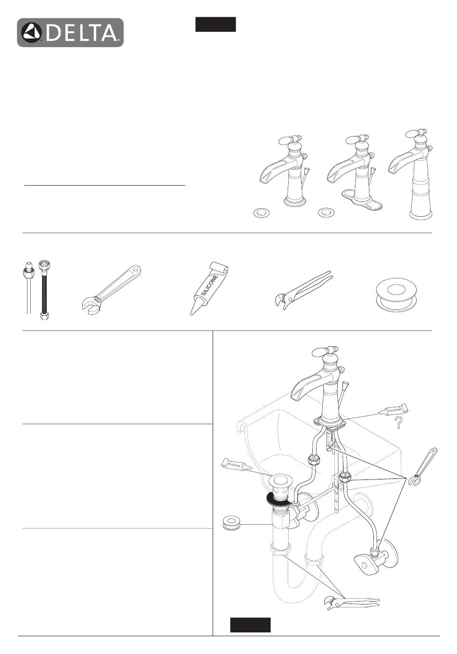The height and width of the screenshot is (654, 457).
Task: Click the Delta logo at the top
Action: coord(70,32)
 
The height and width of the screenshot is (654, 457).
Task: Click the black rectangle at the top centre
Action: coord(216,24)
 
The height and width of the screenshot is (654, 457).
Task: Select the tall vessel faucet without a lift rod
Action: coord(410,174)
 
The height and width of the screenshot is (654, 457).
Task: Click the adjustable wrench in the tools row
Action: coord(111,289)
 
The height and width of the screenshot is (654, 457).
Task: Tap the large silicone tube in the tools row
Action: coord(209,288)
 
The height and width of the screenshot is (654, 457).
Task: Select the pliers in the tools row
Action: coord(304,289)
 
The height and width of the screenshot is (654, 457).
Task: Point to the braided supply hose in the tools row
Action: coord(45,290)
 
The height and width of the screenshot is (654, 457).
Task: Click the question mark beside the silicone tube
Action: coord(398,423)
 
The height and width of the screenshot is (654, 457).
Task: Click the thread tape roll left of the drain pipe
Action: coord(231,524)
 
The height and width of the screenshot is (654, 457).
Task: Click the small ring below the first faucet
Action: coord(261,213)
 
